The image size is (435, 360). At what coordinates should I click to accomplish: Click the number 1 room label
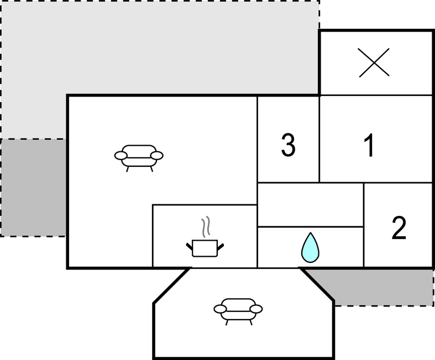[x=370, y=145]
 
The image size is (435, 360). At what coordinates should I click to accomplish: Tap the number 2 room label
[x=399, y=227]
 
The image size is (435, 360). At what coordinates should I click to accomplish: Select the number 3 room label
[x=288, y=145]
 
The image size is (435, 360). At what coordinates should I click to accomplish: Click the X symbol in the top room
[x=374, y=62]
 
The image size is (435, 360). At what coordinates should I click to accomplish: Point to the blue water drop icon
[x=311, y=247]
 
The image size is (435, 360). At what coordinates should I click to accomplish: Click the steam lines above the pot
[x=206, y=227]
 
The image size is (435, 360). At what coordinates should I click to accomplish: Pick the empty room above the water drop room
[x=311, y=204]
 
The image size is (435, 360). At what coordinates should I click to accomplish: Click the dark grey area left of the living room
[x=33, y=188]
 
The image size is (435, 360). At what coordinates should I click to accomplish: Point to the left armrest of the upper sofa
[x=121, y=156]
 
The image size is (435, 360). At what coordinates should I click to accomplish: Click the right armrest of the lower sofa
[x=256, y=309]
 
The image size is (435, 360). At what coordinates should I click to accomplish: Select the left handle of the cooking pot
[x=189, y=246]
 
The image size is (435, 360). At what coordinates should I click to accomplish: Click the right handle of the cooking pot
[x=221, y=247]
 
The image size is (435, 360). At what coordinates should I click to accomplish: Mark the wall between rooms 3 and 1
[x=319, y=139]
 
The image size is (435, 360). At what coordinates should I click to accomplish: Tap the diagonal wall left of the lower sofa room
[x=172, y=285]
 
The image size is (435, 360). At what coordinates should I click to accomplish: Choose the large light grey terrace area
[x=160, y=47]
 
